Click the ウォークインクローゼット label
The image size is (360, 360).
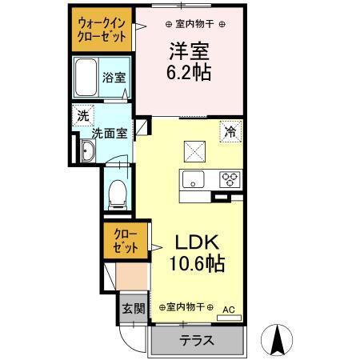[x=101, y=30]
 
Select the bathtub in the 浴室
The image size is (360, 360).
[x=86, y=78]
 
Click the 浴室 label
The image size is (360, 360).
[x=114, y=78]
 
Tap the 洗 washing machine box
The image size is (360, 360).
[x=83, y=116]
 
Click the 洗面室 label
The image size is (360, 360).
[x=108, y=134]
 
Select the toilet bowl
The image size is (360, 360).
[x=118, y=190]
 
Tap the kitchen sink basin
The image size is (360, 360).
[x=192, y=178]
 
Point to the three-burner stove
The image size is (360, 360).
[x=230, y=178]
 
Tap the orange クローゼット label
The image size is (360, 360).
[x=125, y=241]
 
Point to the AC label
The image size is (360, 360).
[x=229, y=308]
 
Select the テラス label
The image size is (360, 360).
[x=196, y=340]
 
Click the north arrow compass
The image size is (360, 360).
[x=278, y=338]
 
